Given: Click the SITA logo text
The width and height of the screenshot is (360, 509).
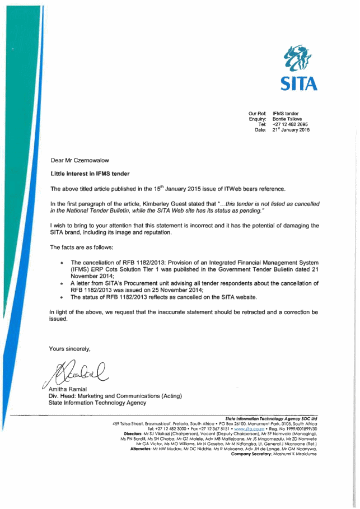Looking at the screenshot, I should coord(300,83).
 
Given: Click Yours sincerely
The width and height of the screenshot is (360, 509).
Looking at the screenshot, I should coord(69,349).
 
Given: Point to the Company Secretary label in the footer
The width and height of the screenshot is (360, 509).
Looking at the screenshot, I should coord(253,454).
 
